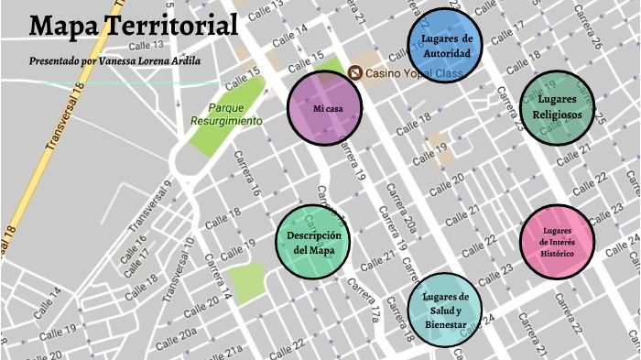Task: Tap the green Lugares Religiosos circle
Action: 557,108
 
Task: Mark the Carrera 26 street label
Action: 587,29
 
